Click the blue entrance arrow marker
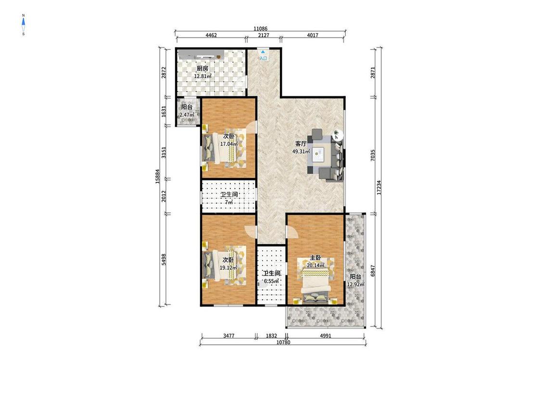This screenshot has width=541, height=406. (263, 52)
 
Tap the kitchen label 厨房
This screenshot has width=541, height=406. (202, 68)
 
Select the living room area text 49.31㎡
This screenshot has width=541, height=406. (301, 151)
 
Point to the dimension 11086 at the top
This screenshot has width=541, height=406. (261, 29)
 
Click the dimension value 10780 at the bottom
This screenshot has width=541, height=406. (284, 343)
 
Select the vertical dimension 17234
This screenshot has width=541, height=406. (379, 187)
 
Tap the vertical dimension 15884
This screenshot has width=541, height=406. (157, 176)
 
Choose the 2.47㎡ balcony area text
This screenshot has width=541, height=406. (187, 114)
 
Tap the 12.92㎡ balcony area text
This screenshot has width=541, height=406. (355, 284)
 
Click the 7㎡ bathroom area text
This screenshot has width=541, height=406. (229, 203)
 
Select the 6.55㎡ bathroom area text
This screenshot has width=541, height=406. (271, 281)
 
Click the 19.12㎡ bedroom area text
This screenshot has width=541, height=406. (229, 267)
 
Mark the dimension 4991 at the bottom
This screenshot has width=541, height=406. (326, 336)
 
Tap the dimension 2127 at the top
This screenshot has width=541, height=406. (264, 35)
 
